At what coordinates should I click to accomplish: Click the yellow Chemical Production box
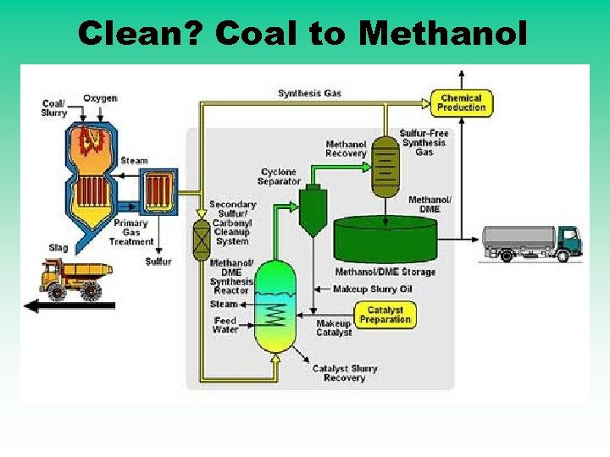pos(461,103)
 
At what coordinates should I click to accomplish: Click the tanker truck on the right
pos(530,242)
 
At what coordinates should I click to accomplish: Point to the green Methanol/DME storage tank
pos(385,240)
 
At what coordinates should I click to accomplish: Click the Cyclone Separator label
pos(279,177)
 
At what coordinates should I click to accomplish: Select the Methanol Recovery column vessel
pos(385,165)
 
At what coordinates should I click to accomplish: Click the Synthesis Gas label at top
pos(309,93)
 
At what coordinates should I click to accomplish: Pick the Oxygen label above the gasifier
pos(99,98)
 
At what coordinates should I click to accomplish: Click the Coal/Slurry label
pos(54,108)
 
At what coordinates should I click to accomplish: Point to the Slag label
pos(58,248)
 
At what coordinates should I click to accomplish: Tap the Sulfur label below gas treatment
pos(158,262)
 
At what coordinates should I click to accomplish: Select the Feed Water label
pos(225,325)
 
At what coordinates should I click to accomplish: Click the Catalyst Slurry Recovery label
pos(344,373)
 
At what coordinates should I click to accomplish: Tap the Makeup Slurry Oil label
pos(373,289)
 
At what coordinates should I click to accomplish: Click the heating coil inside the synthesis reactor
pos(274,315)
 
